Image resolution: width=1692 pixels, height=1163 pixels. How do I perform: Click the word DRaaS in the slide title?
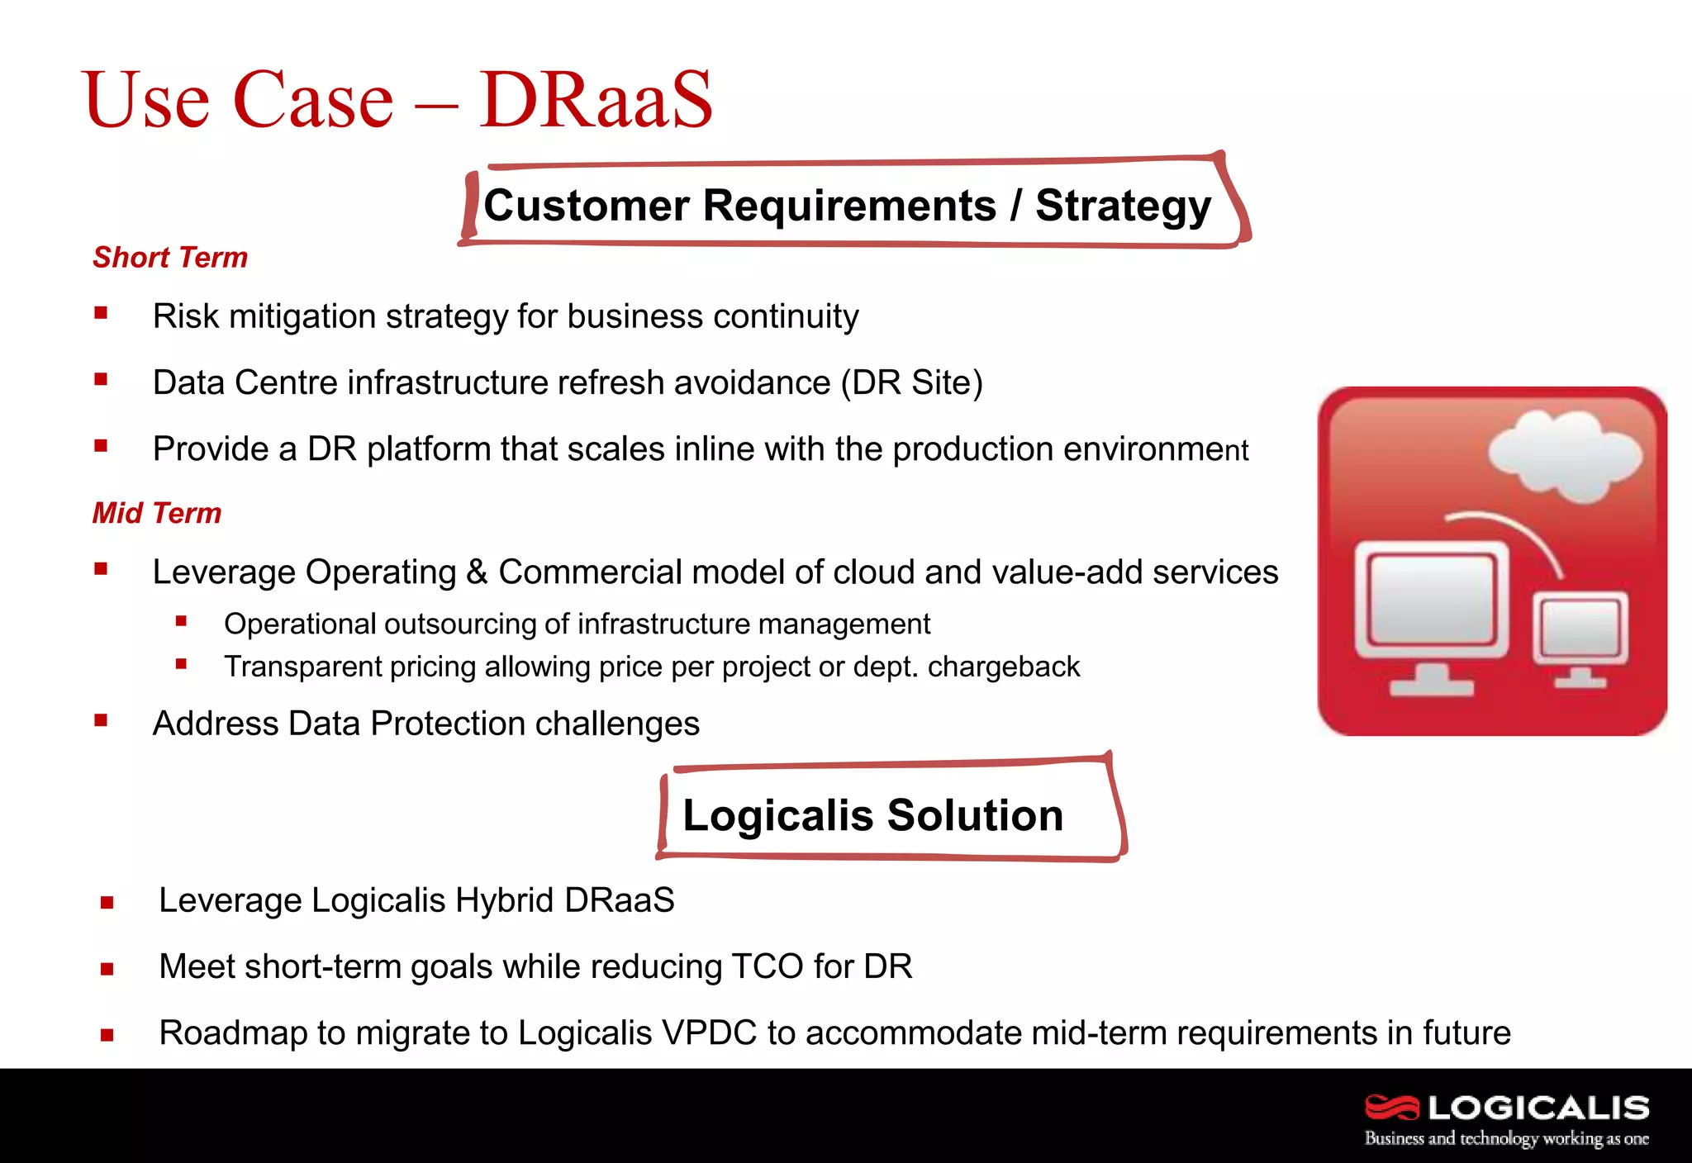tap(595, 100)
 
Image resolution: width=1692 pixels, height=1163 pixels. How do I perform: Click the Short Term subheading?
tap(170, 258)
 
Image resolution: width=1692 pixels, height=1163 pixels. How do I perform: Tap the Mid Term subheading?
tap(157, 514)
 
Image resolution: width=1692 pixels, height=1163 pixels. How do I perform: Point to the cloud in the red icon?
tap(1563, 456)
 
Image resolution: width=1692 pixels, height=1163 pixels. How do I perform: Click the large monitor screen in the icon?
tap(1431, 600)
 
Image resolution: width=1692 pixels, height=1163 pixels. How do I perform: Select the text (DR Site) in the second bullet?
tap(912, 383)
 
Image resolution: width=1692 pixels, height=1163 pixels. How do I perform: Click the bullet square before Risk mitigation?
tap(101, 313)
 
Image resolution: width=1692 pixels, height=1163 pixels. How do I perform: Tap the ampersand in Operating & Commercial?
tap(477, 572)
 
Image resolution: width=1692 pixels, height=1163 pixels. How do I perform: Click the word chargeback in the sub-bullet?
tap(1003, 667)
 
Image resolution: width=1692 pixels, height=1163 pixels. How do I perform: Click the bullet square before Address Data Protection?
tap(101, 720)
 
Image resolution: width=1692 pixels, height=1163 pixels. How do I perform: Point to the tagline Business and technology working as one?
tap(1505, 1139)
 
